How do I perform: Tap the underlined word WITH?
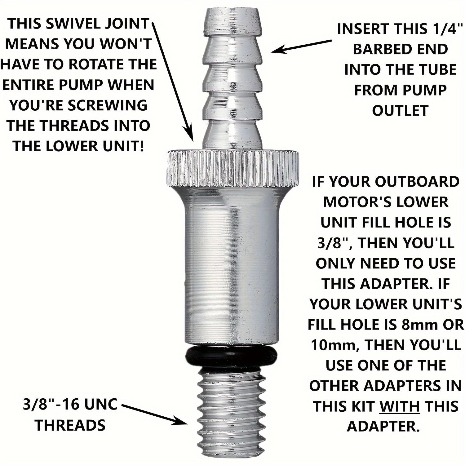(x=400, y=406)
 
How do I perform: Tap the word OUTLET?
(x=400, y=111)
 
